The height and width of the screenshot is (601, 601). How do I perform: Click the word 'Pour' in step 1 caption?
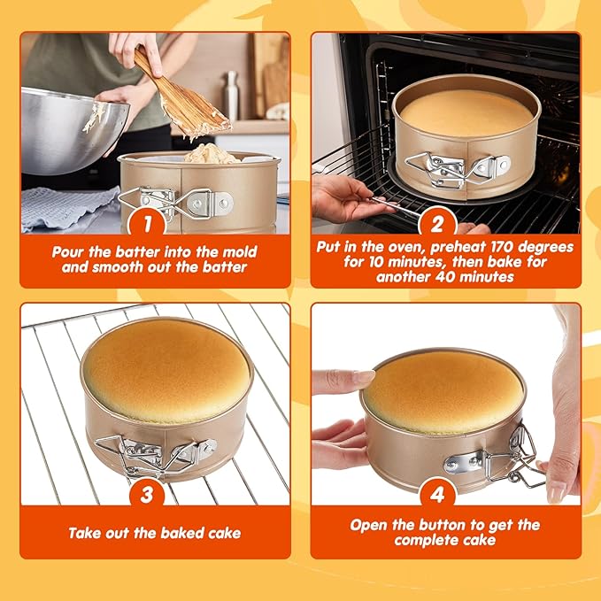point(70,251)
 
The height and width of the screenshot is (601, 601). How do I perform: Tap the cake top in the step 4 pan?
point(442,389)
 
